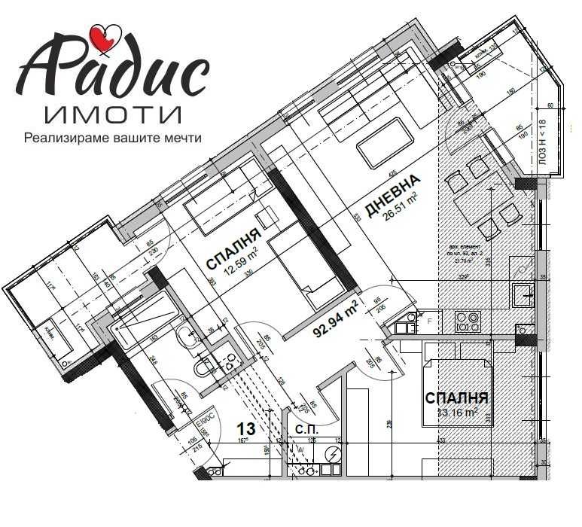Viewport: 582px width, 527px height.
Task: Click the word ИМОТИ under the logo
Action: pos(113,114)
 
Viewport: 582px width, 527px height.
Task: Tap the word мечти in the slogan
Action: pos(184,139)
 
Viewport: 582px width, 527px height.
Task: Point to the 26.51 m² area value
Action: pos(401,209)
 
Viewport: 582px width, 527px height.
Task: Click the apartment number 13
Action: pos(246,430)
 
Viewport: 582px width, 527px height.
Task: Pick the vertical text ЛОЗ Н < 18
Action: pos(541,143)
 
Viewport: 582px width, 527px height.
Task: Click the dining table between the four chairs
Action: pos(482,197)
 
